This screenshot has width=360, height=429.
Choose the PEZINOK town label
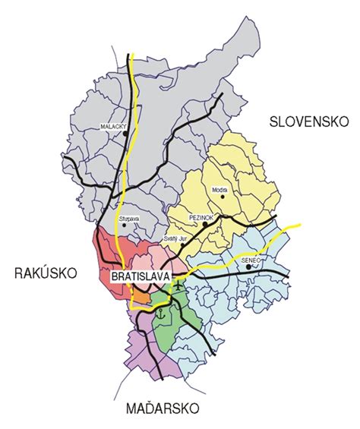(202, 216)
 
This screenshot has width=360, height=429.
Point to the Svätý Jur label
(174, 237)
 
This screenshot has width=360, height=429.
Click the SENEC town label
(250, 260)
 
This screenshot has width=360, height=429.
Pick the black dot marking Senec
(248, 267)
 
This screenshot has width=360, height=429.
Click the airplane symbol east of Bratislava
(178, 285)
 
